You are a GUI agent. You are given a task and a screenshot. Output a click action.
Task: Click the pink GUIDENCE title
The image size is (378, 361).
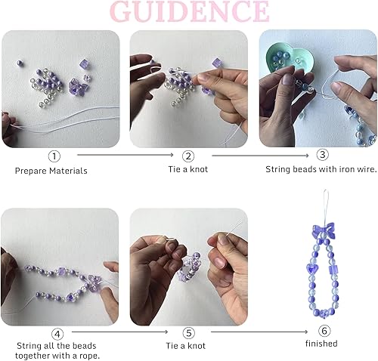pos(189,11)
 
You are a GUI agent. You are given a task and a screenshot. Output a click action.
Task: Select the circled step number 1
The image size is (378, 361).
pos(54,156)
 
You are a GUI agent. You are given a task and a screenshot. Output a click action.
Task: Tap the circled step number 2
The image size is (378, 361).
pos(188,156)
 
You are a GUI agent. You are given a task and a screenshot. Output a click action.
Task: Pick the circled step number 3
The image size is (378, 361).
pos(323,155)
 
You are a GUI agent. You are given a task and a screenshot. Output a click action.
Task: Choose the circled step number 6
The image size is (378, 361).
pos(324,332)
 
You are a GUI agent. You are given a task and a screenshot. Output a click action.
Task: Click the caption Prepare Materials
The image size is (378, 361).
pos(51,171)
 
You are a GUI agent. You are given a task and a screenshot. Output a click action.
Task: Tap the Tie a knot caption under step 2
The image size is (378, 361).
pos(188,170)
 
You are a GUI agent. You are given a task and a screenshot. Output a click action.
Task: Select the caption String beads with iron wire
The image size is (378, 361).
pos(321,170)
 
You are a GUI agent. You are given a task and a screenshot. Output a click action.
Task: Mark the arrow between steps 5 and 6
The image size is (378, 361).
pos(256,332)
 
